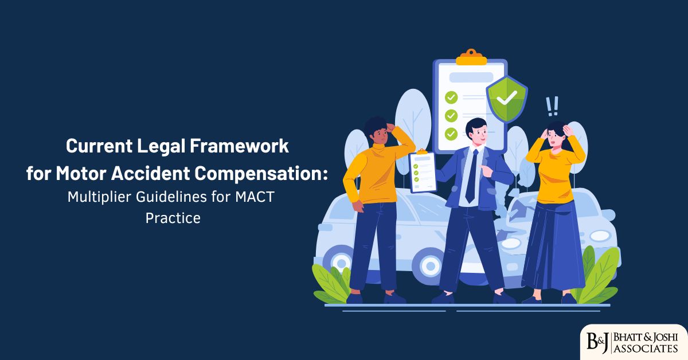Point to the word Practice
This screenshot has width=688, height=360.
pyautogui.click(x=173, y=218)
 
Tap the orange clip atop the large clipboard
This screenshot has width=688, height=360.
pyautogui.click(x=470, y=57)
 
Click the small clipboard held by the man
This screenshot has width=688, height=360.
pyautogui.click(x=423, y=170)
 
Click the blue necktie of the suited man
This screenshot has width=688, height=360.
pyautogui.click(x=471, y=175)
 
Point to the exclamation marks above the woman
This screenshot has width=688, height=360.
pyautogui.click(x=552, y=106)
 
